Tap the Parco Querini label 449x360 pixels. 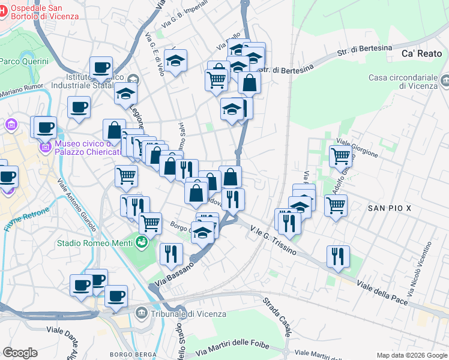pos(25,61)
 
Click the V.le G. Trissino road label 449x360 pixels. pos(273,240)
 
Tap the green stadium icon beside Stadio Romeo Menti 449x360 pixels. pos(141,242)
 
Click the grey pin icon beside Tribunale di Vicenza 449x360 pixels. pos(141,313)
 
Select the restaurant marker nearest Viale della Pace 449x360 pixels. pos(339,256)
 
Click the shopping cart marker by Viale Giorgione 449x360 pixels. pos(340,155)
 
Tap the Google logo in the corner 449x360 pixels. pos(20,353)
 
